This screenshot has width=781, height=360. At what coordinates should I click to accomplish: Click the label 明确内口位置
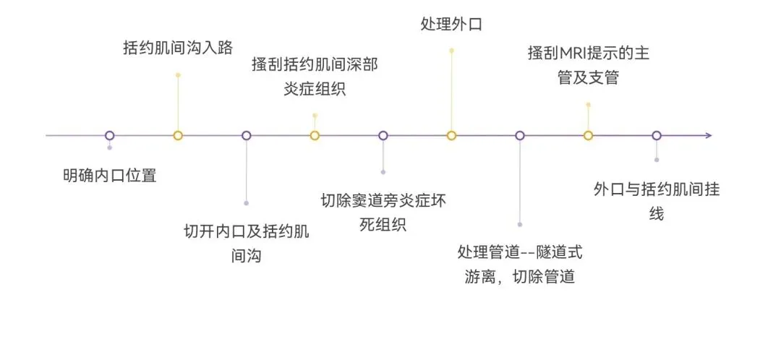coord(109,175)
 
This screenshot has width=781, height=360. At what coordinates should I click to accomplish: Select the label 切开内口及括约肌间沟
coord(246,244)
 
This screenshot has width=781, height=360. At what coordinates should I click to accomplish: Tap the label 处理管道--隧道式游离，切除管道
coord(520,265)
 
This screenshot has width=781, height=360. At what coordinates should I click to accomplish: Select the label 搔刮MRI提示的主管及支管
coord(588,66)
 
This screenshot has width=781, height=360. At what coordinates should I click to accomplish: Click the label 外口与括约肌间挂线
coord(656,201)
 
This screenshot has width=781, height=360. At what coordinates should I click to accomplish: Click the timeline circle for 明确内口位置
coord(109,135)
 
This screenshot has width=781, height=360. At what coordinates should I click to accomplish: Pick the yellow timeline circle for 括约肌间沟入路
coord(178,135)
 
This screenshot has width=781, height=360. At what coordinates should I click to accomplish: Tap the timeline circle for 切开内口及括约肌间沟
coord(246,135)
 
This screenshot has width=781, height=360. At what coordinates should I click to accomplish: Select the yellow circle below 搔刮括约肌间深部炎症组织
coord(315,135)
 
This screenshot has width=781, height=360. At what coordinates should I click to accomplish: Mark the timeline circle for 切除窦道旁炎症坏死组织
coord(383,135)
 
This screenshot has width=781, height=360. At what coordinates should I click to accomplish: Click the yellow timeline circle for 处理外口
coord(451,135)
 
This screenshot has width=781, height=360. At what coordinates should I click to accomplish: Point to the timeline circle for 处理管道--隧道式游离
coord(520,135)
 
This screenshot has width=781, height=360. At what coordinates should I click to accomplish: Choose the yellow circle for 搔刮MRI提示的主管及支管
coord(588,135)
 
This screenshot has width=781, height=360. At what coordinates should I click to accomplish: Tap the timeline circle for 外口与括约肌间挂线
coord(657,135)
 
